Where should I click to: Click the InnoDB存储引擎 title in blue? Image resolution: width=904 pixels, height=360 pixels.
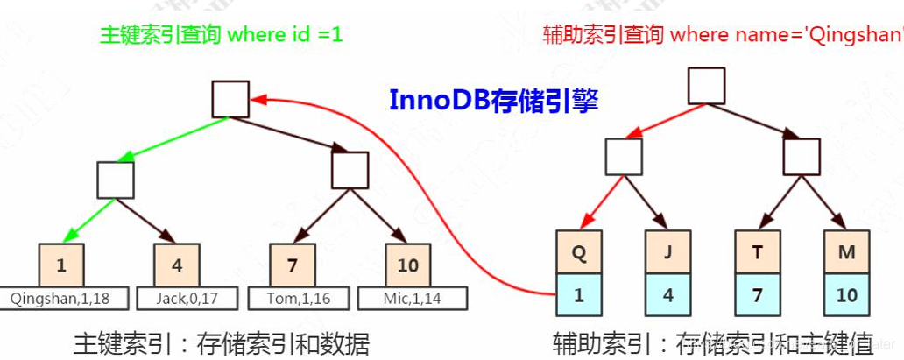[493, 101]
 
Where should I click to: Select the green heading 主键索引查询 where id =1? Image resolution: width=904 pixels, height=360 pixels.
[221, 35]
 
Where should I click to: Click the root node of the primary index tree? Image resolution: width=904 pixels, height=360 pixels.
[230, 99]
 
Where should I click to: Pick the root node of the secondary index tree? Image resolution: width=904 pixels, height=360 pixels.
[706, 86]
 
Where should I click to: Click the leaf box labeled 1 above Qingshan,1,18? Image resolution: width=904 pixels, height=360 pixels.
[61, 265]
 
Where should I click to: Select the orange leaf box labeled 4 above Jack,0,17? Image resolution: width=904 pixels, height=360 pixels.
[177, 265]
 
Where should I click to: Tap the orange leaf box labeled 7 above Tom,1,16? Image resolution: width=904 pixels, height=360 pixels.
[293, 265]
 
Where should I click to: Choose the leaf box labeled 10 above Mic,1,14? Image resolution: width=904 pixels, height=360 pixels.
[408, 265]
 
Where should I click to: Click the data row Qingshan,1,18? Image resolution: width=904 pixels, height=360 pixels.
[60, 299]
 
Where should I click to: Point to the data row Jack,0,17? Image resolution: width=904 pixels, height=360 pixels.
[187, 299]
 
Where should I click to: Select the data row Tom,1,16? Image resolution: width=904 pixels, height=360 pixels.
[298, 299]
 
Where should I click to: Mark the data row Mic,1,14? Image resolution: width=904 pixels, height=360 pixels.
[412, 299]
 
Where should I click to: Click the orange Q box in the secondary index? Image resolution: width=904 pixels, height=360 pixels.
[578, 252]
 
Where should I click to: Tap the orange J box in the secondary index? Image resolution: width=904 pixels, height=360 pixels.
[667, 252]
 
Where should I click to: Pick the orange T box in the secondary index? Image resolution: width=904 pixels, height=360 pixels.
[757, 252]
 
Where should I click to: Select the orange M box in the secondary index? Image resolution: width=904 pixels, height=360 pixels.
[846, 252]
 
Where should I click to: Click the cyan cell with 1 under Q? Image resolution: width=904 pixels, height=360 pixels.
[578, 295]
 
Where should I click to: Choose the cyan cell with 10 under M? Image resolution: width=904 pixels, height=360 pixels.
[846, 295]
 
